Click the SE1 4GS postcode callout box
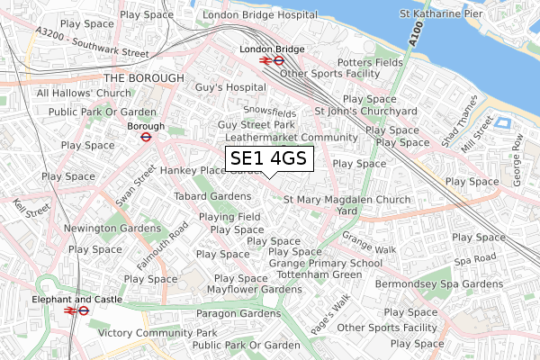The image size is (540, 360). click(x=269, y=159)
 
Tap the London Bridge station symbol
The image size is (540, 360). click(x=272, y=61)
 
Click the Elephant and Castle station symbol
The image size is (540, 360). click(x=76, y=310)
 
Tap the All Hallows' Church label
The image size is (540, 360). click(x=84, y=94)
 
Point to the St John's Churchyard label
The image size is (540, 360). click(x=365, y=111)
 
